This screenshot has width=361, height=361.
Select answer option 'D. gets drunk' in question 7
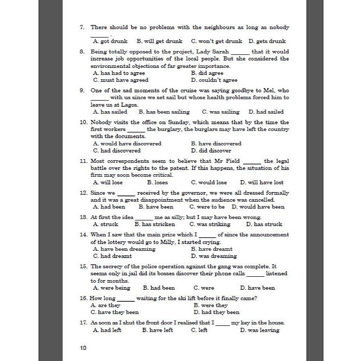coord(267,41)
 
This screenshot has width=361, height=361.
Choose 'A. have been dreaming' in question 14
coord(124,249)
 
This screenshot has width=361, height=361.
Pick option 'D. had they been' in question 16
coord(216,312)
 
